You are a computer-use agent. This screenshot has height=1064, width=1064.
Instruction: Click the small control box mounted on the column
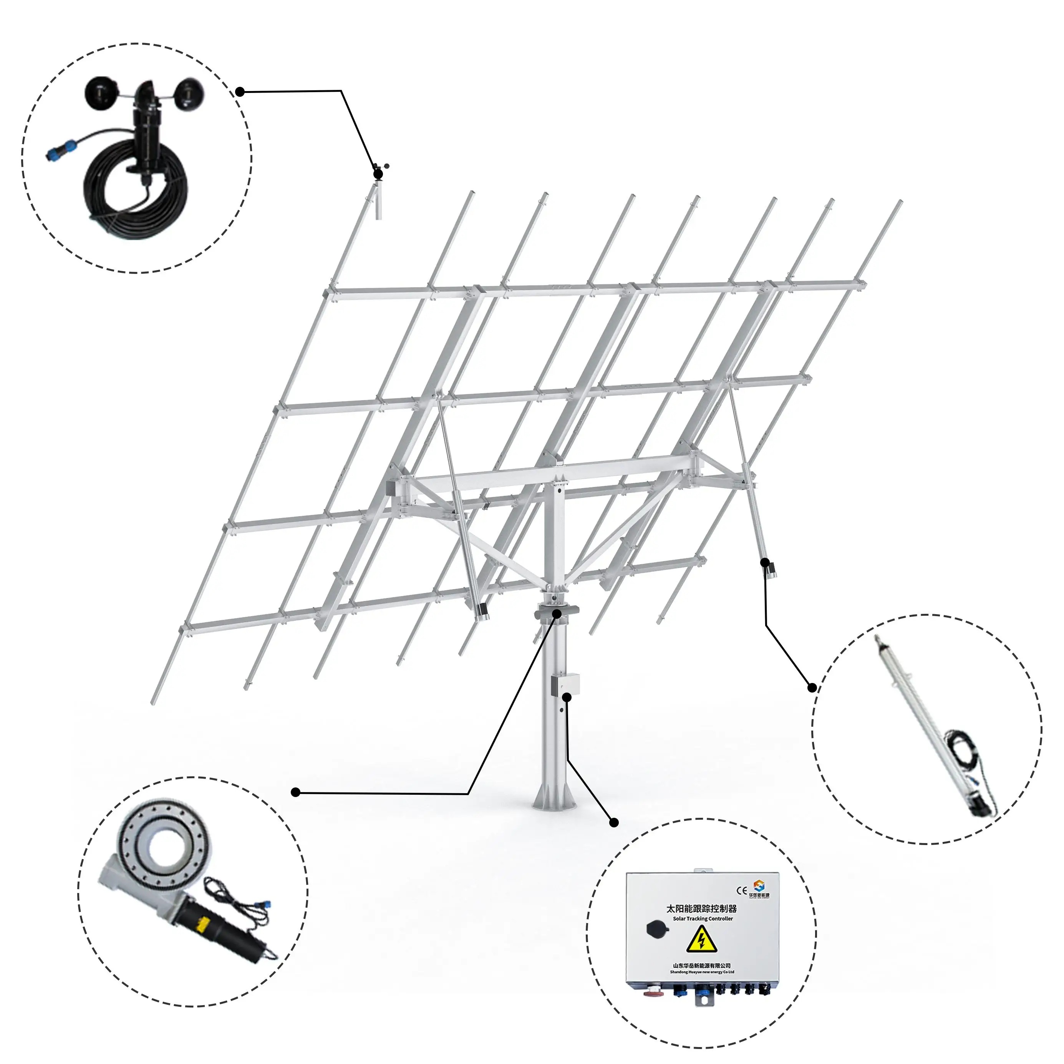(x=565, y=683)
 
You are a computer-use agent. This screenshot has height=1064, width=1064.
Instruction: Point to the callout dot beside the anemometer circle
(x=240, y=91)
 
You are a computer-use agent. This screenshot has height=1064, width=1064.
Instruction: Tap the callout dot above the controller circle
(x=615, y=823)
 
